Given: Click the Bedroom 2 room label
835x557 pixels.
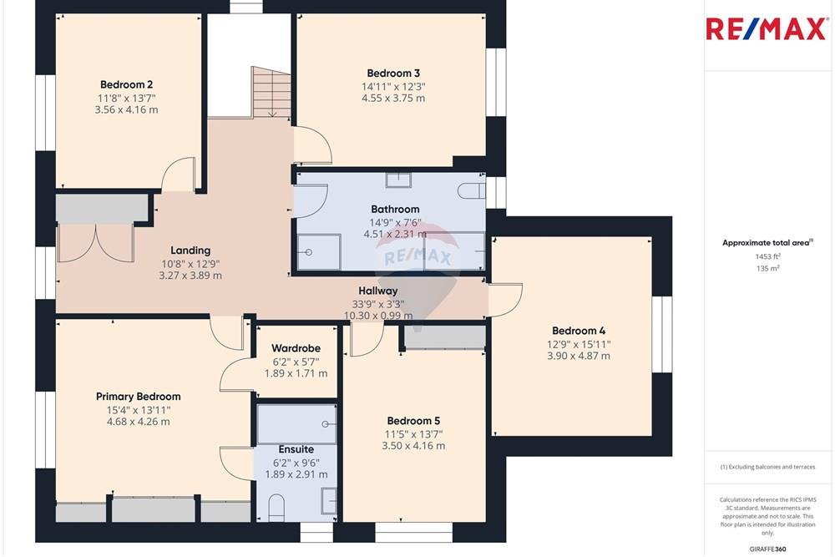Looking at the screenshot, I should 126,84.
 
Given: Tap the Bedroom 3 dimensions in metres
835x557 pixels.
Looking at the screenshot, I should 393,98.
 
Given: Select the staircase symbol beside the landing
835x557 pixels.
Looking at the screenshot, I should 271,93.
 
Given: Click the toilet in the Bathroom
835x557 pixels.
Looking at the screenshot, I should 473,190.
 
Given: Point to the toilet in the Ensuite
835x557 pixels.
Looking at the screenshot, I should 277,505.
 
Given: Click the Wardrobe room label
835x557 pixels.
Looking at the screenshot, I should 296,348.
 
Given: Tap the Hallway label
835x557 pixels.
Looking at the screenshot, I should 377,291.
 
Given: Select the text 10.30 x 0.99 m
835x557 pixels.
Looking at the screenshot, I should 377,316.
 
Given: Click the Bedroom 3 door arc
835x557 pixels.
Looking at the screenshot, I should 315,144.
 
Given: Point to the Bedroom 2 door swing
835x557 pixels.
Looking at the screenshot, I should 178,174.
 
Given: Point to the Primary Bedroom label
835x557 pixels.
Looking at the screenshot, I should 138,397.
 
